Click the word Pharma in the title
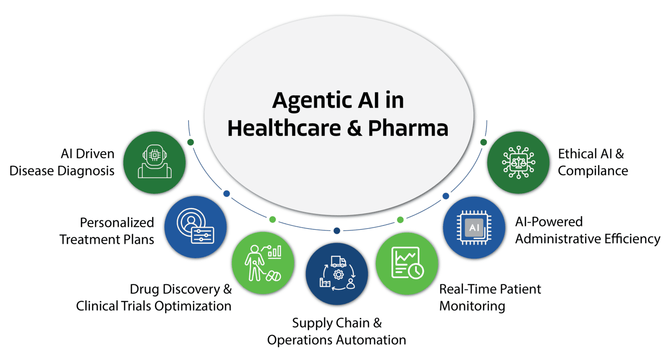point(408,128)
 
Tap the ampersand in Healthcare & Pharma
point(355,128)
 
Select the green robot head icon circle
point(155,163)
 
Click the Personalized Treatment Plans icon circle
point(196,227)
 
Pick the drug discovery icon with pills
point(263,263)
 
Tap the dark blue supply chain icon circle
point(337,274)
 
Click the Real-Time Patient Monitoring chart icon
point(407,263)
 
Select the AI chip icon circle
point(474,228)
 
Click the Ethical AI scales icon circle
point(518,163)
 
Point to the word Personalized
point(117,222)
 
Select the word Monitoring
point(472,306)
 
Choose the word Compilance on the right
point(593,171)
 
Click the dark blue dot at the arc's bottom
point(337,231)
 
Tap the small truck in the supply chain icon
point(338,261)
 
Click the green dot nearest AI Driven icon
point(190,142)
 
